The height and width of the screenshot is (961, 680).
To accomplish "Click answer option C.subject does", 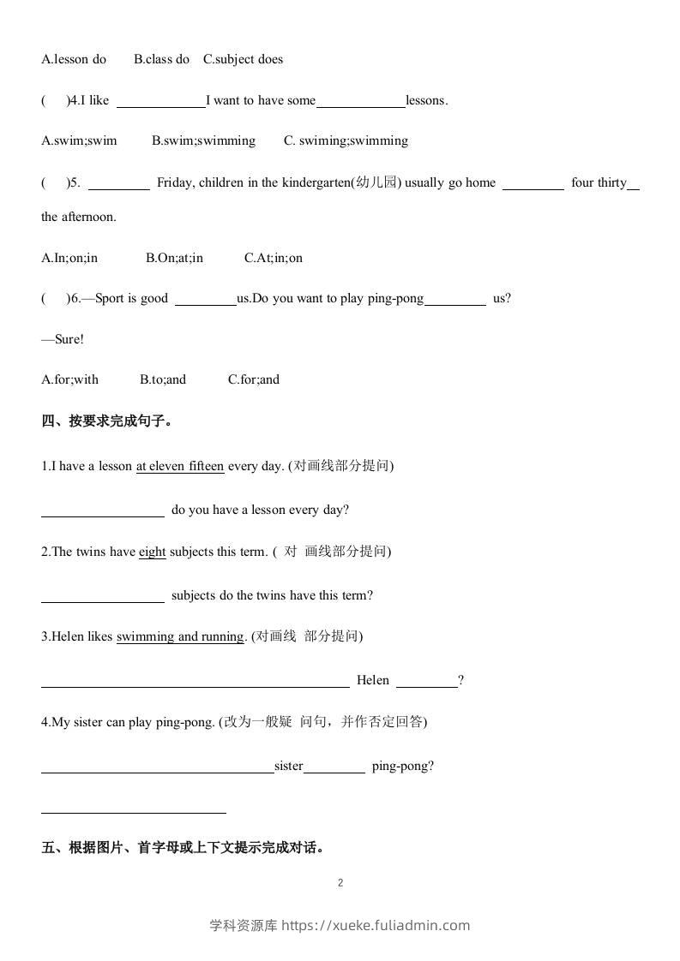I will (x=243, y=59).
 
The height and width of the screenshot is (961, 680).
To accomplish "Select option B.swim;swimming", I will (x=203, y=140).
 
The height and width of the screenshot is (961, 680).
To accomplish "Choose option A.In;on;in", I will (x=69, y=258).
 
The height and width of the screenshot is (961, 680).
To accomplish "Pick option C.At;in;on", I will (x=273, y=258).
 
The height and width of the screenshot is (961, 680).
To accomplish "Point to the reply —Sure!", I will (x=63, y=339).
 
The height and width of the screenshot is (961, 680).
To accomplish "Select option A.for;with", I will (x=69, y=379).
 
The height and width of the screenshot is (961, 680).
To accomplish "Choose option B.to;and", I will (x=162, y=379).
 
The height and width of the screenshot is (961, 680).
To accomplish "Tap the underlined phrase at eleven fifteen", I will (x=180, y=466).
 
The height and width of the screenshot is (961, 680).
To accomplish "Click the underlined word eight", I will (x=152, y=552).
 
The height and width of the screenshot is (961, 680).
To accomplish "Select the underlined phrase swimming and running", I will (x=180, y=636).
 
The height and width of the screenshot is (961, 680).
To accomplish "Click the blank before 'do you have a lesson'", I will (x=103, y=511).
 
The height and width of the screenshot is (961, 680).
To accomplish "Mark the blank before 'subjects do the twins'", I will (x=103, y=597).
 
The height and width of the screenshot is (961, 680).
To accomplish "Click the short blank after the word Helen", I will (x=427, y=682).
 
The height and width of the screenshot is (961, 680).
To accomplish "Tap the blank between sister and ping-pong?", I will (x=334, y=767).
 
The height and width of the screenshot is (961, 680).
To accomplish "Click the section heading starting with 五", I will (x=183, y=848).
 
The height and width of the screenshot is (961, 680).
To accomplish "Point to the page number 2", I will (x=340, y=883).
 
